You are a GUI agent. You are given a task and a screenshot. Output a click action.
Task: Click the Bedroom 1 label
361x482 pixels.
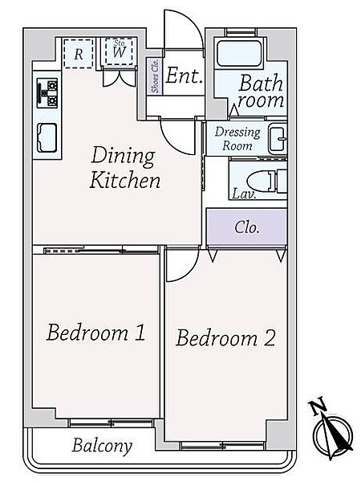click(95, 332)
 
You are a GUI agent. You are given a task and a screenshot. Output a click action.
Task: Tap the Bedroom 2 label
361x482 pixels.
click(225, 337)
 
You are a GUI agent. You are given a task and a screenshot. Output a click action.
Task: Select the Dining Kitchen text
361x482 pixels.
click(125, 168)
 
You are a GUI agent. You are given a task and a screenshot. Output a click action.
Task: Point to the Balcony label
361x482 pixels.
click(102, 446)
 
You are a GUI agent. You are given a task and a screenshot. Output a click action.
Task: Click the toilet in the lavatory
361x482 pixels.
click(267, 182)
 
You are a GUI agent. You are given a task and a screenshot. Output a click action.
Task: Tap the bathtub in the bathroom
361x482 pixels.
click(240, 54)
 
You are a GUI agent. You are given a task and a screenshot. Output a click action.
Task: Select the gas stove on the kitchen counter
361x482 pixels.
click(47, 93)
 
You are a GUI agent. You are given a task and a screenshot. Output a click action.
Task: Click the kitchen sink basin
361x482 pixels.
click(47, 137)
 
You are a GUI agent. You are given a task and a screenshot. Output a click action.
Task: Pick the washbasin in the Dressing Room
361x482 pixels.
click(278, 139)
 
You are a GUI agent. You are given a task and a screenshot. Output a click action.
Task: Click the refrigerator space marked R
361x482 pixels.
click(79, 53)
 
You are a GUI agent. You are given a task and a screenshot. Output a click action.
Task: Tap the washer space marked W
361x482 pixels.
click(119, 51)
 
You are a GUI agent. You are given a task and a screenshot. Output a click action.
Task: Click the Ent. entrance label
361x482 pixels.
click(185, 76)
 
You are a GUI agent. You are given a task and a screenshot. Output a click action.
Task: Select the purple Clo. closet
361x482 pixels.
click(247, 227)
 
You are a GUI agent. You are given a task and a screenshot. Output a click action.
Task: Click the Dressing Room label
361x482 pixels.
click(237, 139)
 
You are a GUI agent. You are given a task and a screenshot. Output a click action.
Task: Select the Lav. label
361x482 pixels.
click(244, 194)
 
